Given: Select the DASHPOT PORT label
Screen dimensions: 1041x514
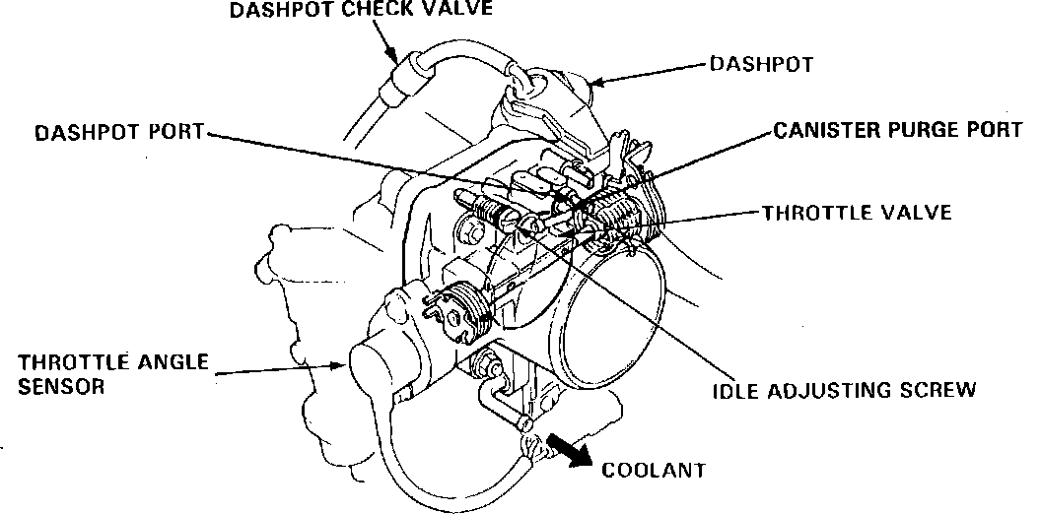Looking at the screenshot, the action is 117,131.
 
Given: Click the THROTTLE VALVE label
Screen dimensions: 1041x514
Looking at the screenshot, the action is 857,212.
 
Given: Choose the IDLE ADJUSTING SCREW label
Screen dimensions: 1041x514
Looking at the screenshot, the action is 844,390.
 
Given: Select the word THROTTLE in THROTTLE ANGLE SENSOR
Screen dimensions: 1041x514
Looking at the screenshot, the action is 58,362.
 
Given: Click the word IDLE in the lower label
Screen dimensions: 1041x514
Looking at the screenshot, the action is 733,390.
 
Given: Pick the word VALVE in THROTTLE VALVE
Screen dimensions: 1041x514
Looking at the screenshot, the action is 916,212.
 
